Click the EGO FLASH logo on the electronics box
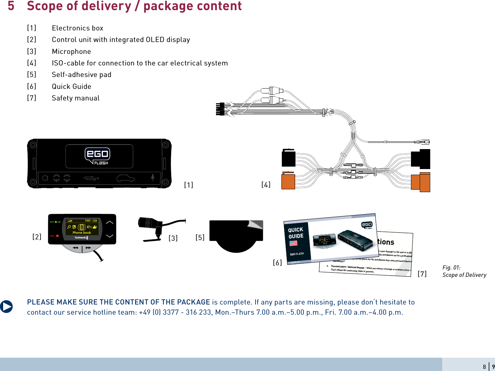(x=97, y=156)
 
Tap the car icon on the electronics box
(x=125, y=178)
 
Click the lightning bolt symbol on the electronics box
(x=153, y=178)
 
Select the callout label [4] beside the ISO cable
(x=266, y=184)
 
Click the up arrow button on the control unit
(x=110, y=222)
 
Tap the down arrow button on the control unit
(x=110, y=236)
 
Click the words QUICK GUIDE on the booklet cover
(x=296, y=233)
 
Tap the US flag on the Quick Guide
(x=293, y=243)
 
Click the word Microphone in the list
(x=71, y=51)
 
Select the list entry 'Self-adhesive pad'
(x=82, y=75)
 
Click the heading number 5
(x=11, y=6)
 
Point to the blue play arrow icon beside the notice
(x=6, y=307)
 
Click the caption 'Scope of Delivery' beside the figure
(x=464, y=275)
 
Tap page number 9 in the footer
(x=493, y=367)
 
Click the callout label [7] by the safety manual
(x=422, y=274)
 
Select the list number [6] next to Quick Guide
(x=32, y=86)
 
